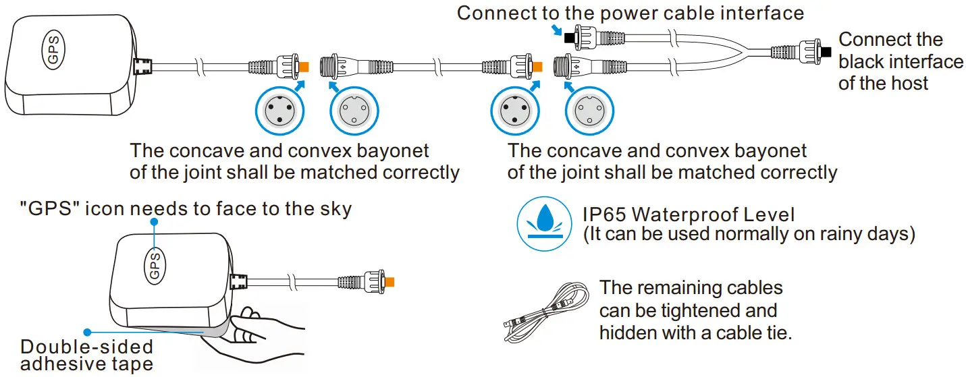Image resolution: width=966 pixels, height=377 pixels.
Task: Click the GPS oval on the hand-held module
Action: point(155,265)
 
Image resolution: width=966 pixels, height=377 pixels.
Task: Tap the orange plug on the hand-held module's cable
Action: point(389,281)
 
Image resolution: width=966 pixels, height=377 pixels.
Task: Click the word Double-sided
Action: point(87,347)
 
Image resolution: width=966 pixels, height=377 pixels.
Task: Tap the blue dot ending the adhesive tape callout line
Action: point(86,332)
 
